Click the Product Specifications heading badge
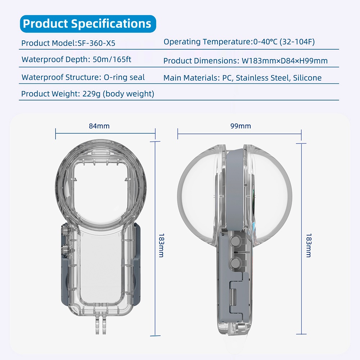coord(88,24)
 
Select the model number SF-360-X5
coord(96,43)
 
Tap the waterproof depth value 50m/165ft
coord(112,59)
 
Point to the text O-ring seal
coord(124,77)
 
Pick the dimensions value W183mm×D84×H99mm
coord(284,61)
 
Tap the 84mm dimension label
coord(99,126)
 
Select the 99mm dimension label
coord(240,126)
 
